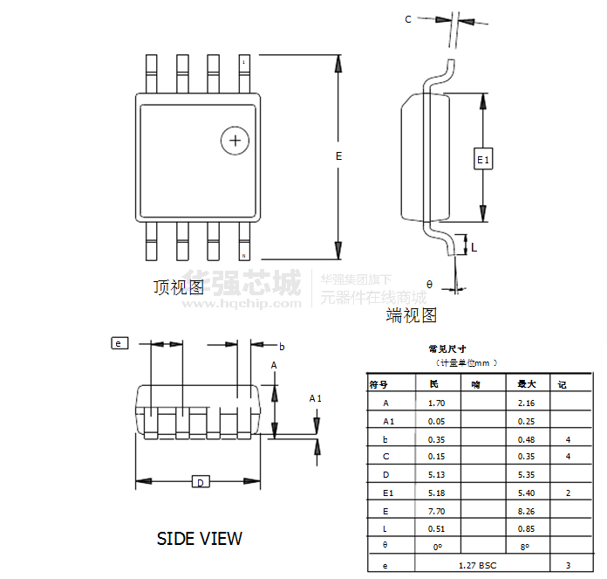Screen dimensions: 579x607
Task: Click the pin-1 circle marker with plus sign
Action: (235, 140)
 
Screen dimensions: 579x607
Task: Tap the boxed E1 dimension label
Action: (483, 159)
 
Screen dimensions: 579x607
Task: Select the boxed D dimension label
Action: (200, 482)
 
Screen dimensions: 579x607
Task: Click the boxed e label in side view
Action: (119, 343)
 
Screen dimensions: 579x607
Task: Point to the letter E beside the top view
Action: (338, 155)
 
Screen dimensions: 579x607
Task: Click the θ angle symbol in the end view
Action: (429, 284)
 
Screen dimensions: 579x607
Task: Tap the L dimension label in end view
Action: (474, 247)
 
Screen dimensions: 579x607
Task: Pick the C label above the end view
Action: (408, 19)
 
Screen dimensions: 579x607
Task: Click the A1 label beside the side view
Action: (316, 398)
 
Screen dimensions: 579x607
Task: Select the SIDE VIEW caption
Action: (200, 538)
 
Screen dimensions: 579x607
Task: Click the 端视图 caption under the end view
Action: (412, 314)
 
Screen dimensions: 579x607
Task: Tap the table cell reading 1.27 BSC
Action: (477, 565)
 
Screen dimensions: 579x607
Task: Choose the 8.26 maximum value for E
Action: (526, 511)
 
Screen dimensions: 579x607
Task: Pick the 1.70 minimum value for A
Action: (437, 403)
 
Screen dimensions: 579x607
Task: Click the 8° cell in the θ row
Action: (526, 547)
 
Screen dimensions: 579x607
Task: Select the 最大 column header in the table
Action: (527, 384)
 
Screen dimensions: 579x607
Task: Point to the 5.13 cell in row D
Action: (437, 474)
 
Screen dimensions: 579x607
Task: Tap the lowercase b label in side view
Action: (282, 346)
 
